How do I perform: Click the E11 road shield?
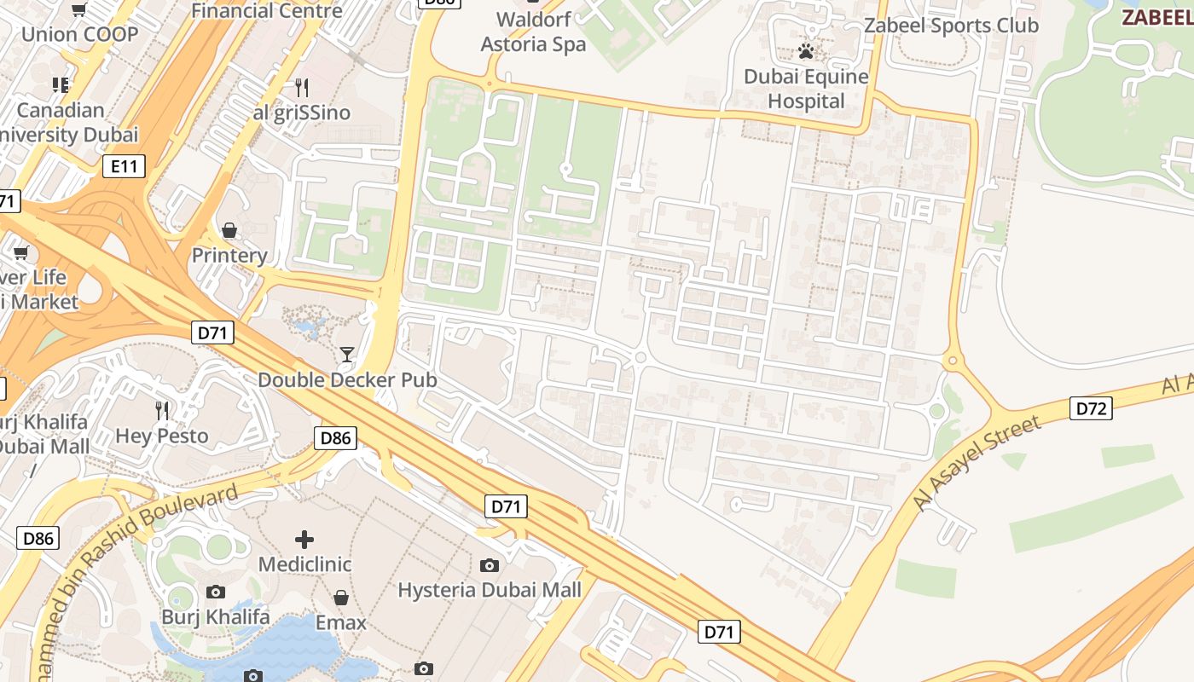[124, 166]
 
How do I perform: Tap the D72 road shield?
[1092, 408]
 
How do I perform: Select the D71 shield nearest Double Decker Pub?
[212, 332]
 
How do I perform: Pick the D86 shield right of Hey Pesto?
[335, 439]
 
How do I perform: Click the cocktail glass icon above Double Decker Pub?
[347, 354]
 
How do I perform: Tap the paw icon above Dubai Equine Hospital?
[805, 51]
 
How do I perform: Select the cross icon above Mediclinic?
[304, 539]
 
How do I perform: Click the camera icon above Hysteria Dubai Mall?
[490, 565]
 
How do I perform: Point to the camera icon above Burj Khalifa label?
[216, 592]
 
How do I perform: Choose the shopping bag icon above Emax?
[341, 598]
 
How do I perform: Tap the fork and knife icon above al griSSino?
[301, 87]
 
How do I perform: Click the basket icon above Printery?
[229, 230]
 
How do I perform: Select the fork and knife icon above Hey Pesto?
[162, 411]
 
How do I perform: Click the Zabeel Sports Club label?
[951, 26]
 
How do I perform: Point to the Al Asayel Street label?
[977, 463]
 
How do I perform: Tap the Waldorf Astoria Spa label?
[533, 32]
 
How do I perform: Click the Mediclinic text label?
[304, 564]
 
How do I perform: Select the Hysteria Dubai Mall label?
[490, 590]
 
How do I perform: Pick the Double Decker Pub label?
[347, 380]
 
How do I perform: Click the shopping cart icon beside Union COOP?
[79, 10]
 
